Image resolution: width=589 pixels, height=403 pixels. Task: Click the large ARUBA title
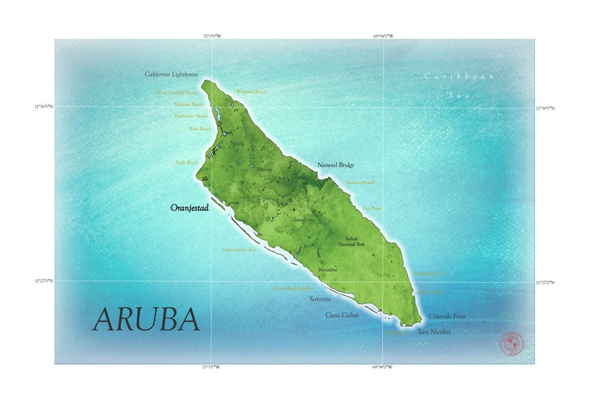pyautogui.click(x=146, y=319)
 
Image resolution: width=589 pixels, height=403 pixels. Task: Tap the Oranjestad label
pyautogui.click(x=189, y=209)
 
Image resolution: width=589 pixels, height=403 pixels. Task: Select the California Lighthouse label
pyautogui.click(x=171, y=74)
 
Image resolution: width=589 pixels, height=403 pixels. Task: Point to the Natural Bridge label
pyautogui.click(x=335, y=165)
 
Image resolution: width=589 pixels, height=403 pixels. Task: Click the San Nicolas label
pyautogui.click(x=434, y=332)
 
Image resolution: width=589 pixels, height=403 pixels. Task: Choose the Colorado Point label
pyautogui.click(x=447, y=316)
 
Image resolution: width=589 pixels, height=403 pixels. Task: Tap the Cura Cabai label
pyautogui.click(x=342, y=315)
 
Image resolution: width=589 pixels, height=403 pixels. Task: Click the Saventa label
pyautogui.click(x=320, y=298)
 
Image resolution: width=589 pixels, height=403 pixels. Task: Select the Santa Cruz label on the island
pyautogui.click(x=303, y=220)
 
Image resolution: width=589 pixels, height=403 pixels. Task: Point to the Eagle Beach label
pyautogui.click(x=186, y=162)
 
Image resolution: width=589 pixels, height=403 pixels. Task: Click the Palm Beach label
pyautogui.click(x=200, y=129)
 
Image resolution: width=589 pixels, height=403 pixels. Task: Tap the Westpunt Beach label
pyautogui.click(x=251, y=92)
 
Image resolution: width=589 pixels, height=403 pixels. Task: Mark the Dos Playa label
pyautogui.click(x=371, y=209)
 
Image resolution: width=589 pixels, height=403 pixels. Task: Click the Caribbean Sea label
pyautogui.click(x=460, y=85)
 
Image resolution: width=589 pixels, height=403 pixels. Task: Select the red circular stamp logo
pyautogui.click(x=511, y=344)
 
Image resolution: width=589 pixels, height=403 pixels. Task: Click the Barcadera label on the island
pyautogui.click(x=327, y=269)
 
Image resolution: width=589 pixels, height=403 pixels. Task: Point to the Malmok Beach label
pyautogui.click(x=188, y=105)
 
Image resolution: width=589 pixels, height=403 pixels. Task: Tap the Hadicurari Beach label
pyautogui.click(x=191, y=117)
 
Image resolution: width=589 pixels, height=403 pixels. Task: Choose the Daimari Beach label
pyautogui.click(x=360, y=182)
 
